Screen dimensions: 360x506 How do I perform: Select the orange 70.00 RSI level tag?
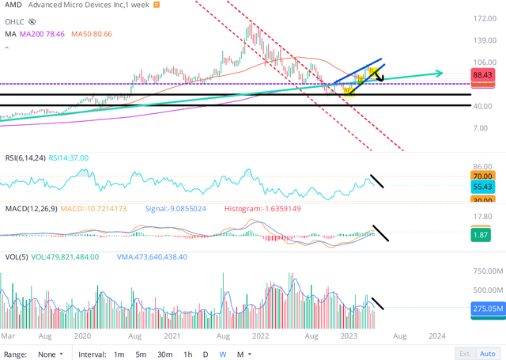click(481, 176)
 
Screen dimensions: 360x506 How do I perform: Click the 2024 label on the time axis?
click(437, 335)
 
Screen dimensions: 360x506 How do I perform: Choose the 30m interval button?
click(165, 354)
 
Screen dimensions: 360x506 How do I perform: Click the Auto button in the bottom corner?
click(490, 354)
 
